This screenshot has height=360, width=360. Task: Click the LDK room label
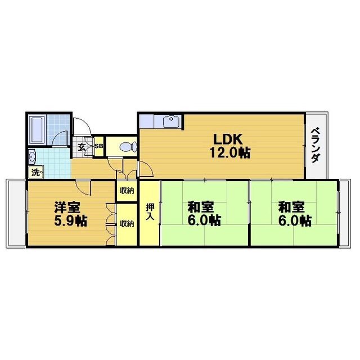[228, 139]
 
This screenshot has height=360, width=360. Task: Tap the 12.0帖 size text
[230, 152]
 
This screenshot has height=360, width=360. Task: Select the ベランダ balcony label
[316, 145]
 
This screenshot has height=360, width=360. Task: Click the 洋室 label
[67, 207]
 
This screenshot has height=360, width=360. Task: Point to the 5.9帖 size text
[70, 220]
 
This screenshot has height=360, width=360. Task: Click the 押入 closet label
[150, 212]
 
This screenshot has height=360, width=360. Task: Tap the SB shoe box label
[99, 146]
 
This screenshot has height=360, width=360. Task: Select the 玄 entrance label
[81, 147]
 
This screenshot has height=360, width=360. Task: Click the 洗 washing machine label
[35, 172]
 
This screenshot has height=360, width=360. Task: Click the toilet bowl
[129, 147]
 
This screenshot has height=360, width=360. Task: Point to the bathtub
[37, 130]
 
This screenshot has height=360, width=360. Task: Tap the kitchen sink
[171, 121]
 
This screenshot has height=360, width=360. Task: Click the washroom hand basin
[31, 156]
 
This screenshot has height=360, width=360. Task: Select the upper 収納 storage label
[127, 191]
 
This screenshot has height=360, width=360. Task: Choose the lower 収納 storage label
[127, 223]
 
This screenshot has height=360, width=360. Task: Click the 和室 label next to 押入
[201, 207]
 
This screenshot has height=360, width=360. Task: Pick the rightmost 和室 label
[291, 207]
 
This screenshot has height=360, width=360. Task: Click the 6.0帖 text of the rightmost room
[295, 220]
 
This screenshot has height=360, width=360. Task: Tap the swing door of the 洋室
[83, 187]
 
